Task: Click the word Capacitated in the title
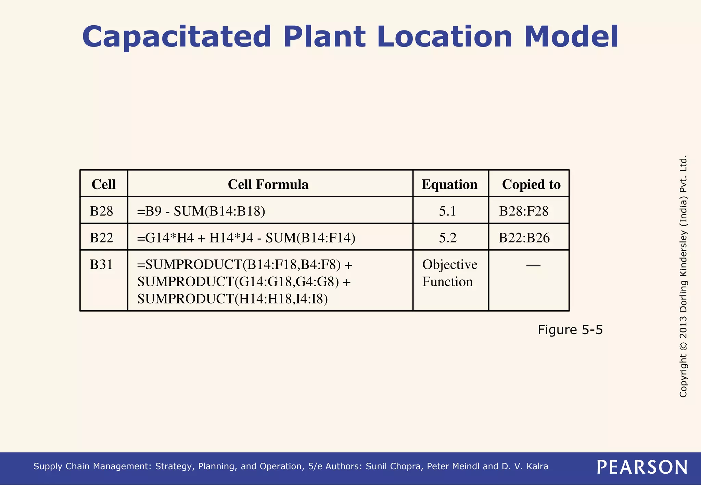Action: (177, 37)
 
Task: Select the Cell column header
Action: (103, 184)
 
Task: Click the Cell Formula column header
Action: (268, 184)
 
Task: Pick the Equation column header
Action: (449, 184)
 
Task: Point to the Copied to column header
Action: (531, 184)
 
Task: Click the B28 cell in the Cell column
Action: (101, 211)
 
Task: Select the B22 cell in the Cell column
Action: (101, 238)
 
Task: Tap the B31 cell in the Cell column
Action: (101, 264)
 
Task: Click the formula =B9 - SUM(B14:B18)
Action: (201, 211)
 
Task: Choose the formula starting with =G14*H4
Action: (246, 238)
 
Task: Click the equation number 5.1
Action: (448, 211)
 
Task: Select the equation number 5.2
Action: (448, 238)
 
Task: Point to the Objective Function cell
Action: (449, 273)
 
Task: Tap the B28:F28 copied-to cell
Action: (524, 211)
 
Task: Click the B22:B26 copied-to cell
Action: (524, 238)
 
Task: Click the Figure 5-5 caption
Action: (570, 330)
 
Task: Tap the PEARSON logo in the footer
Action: (642, 467)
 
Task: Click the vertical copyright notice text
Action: (683, 276)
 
